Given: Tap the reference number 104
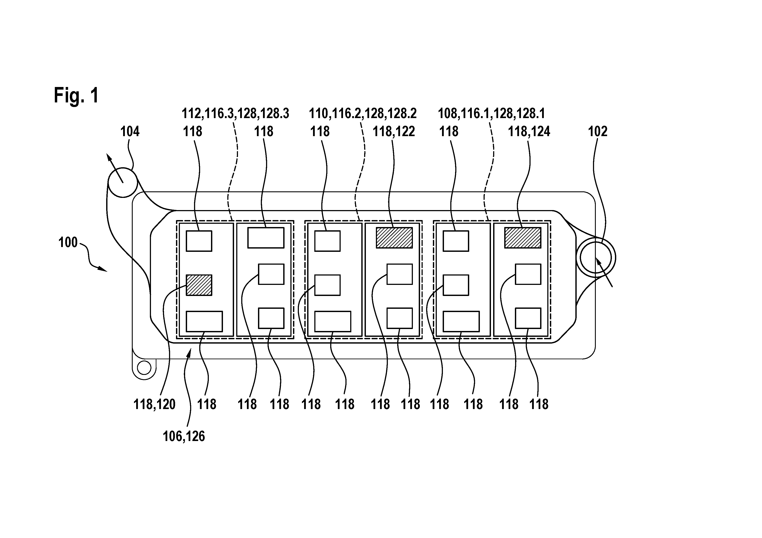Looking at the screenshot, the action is click(x=130, y=132).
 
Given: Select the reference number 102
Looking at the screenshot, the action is click(x=598, y=132).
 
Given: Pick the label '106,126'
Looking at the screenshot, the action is click(x=184, y=436).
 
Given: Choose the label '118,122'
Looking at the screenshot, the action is click(x=394, y=132).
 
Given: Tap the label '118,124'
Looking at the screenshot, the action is click(x=529, y=132).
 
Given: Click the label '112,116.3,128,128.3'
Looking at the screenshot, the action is click(x=235, y=114).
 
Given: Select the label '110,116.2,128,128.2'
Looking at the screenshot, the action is click(x=363, y=114).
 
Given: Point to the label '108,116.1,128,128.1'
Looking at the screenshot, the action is click(x=492, y=114).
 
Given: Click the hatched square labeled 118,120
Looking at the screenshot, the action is click(x=199, y=285).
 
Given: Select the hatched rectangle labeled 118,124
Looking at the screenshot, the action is click(x=523, y=237).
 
